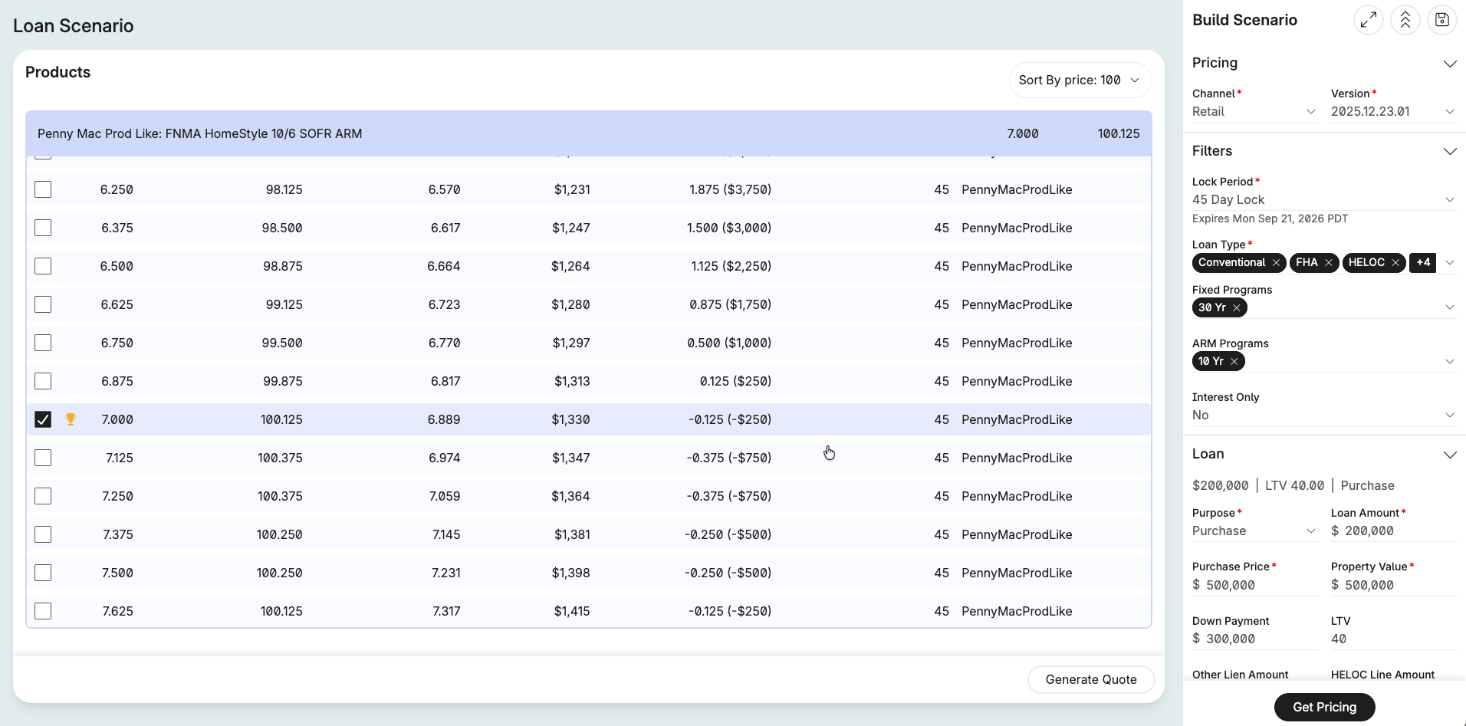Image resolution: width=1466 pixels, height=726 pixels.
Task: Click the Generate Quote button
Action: click(1091, 679)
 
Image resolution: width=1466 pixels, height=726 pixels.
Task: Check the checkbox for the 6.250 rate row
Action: click(43, 189)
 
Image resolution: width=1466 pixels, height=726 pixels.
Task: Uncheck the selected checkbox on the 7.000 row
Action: click(43, 419)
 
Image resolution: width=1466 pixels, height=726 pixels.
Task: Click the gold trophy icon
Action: click(71, 419)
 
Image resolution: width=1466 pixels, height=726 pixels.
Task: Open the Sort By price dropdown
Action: click(1080, 80)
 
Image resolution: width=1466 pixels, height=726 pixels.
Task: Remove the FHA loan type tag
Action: click(1329, 262)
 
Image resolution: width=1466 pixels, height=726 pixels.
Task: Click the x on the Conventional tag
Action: click(1277, 262)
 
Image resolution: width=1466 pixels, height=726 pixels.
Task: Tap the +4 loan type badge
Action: click(1423, 262)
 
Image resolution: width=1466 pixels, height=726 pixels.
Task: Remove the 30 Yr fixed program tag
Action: click(1237, 307)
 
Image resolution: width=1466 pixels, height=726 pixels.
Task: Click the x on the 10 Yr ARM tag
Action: click(1234, 361)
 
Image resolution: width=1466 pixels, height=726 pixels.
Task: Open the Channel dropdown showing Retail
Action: click(1254, 112)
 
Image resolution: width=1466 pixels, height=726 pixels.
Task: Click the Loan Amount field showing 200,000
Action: click(1393, 531)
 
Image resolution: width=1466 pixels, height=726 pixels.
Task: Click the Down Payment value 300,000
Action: click(1231, 639)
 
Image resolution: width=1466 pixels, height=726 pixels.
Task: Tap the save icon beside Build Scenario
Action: click(1441, 20)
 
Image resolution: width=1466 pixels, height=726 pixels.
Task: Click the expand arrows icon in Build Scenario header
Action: click(1369, 20)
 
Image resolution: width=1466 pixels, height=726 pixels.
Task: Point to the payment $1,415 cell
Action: click(572, 611)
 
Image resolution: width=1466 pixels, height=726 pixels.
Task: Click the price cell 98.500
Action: click(282, 228)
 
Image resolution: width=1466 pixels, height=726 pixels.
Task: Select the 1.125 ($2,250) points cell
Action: click(731, 266)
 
